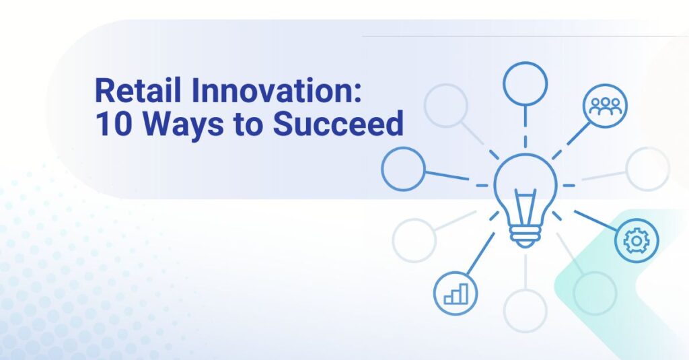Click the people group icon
tap(606, 105)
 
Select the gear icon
tap(637, 240)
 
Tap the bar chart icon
tap(456, 293)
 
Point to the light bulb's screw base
tap(525, 236)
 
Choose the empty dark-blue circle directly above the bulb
tap(525, 83)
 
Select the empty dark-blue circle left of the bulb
tap(403, 168)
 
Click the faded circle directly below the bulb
tap(525, 310)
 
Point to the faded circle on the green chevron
tap(595, 293)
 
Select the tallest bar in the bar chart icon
tap(464, 292)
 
